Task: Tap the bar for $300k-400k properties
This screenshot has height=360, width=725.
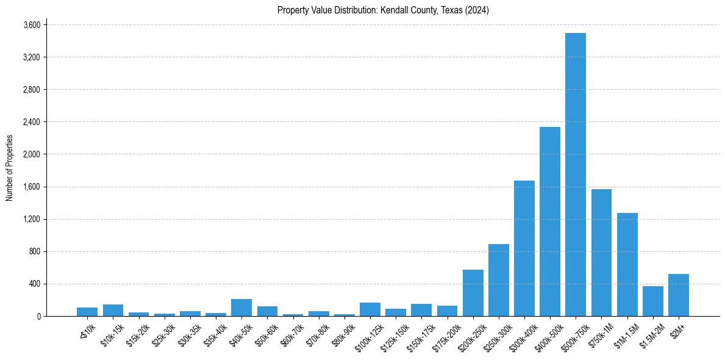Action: [x=524, y=248]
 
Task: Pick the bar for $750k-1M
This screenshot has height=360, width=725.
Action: [x=601, y=253]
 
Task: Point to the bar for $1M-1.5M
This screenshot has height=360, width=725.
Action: [x=627, y=264]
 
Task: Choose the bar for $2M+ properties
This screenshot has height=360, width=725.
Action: [x=678, y=295]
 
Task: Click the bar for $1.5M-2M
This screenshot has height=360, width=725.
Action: [x=652, y=301]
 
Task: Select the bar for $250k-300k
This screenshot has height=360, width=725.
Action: [x=498, y=280]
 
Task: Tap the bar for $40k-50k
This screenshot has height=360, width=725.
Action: [x=241, y=308]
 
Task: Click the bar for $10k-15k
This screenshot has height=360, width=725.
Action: [x=113, y=310]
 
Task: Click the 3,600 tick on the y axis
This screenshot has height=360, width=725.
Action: [x=32, y=25]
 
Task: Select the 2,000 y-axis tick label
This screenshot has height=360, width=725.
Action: [x=32, y=154]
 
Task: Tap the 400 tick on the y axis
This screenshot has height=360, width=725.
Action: [x=34, y=284]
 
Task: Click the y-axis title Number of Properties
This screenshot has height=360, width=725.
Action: [x=9, y=168]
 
